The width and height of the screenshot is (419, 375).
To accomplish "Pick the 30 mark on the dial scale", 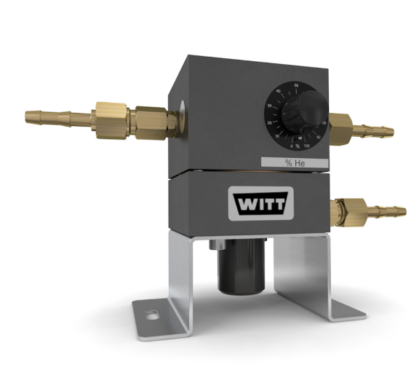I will pyautogui.click(x=269, y=106).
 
